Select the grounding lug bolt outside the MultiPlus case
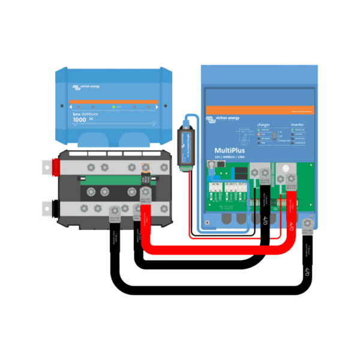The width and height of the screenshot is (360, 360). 308,224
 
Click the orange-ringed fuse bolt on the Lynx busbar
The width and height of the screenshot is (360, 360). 144,167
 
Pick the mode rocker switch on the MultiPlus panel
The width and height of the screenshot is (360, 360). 280,139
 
